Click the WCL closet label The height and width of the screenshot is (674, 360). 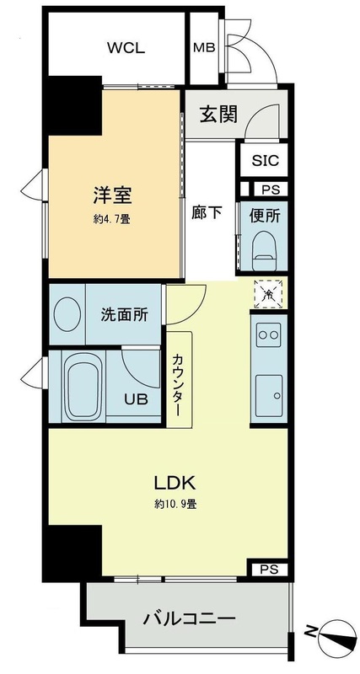click(126, 48)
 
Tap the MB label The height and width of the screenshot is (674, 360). click(204, 48)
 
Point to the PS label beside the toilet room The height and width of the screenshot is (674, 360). click(270, 190)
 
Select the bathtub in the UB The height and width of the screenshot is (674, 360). click(82, 387)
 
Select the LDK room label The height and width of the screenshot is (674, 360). click(175, 484)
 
